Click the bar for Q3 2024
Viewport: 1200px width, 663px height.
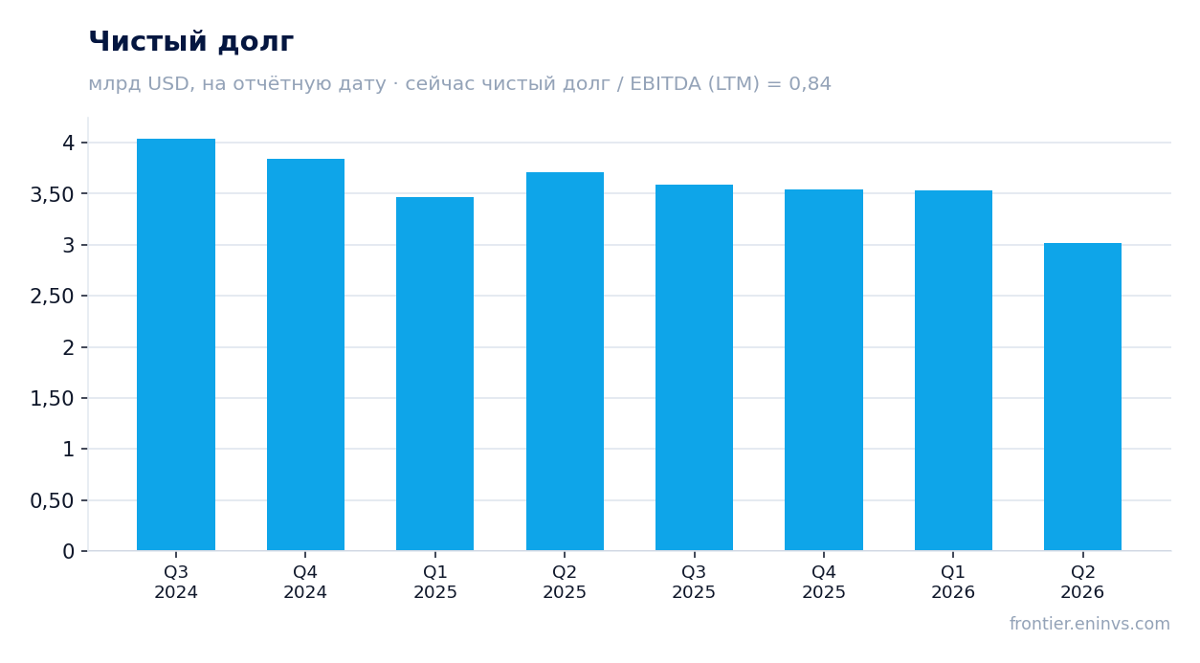pos(176,344)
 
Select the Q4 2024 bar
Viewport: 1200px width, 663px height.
pos(305,355)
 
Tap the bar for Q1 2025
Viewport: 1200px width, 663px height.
pos(435,374)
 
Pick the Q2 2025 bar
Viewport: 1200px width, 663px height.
pos(565,362)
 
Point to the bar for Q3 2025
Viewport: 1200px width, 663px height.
pos(695,367)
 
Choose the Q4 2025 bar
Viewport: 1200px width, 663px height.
pos(824,370)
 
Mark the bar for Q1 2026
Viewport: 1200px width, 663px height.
pos(953,370)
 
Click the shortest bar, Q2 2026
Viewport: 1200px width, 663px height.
pos(1082,397)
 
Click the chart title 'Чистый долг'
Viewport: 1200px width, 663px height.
pos(191,42)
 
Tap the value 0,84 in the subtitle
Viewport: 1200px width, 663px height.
pos(810,84)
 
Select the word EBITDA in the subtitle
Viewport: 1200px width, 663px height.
pos(665,83)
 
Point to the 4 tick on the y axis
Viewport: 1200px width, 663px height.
pos(68,143)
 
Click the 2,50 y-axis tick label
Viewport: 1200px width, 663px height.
pos(52,297)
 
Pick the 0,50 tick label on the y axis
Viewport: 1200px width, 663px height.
pos(52,500)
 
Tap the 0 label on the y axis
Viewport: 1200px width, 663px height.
pos(68,551)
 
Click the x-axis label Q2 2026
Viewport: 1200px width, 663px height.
pos(1082,582)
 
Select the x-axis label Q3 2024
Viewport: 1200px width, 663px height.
pos(176,582)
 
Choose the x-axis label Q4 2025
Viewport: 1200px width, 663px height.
pos(824,582)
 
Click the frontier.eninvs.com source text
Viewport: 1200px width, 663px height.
pos(1090,624)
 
